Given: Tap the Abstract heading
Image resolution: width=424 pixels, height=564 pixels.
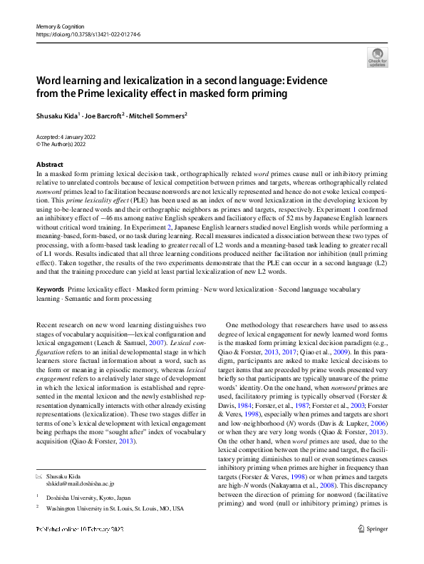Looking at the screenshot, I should (49, 165).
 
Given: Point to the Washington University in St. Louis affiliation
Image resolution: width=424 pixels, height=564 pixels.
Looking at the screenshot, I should (115, 508).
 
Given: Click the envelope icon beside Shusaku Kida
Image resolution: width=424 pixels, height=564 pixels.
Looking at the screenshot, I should (39, 474).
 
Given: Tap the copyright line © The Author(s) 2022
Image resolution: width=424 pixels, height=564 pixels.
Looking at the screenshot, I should (63, 143).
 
